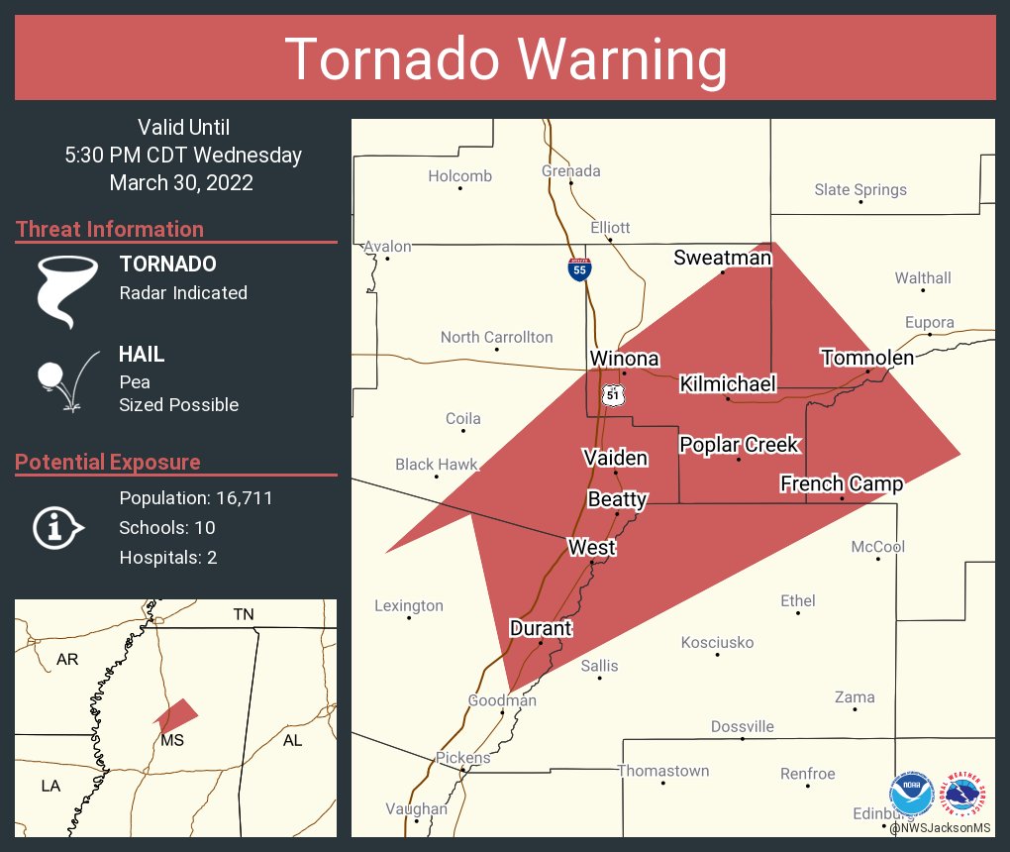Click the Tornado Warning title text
coord(505,58)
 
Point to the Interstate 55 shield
coord(580,268)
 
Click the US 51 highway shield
coord(612,395)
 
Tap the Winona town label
coord(624,358)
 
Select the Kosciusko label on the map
coord(717,643)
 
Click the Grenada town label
coord(570,170)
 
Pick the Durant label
coord(540,628)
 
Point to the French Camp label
coord(841,483)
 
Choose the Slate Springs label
coord(859,189)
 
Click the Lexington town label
coord(409,605)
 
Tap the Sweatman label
coord(722,258)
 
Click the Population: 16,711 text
coord(195,497)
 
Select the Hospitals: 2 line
coord(167,557)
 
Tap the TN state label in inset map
coord(243,614)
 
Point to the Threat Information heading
coord(109,229)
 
